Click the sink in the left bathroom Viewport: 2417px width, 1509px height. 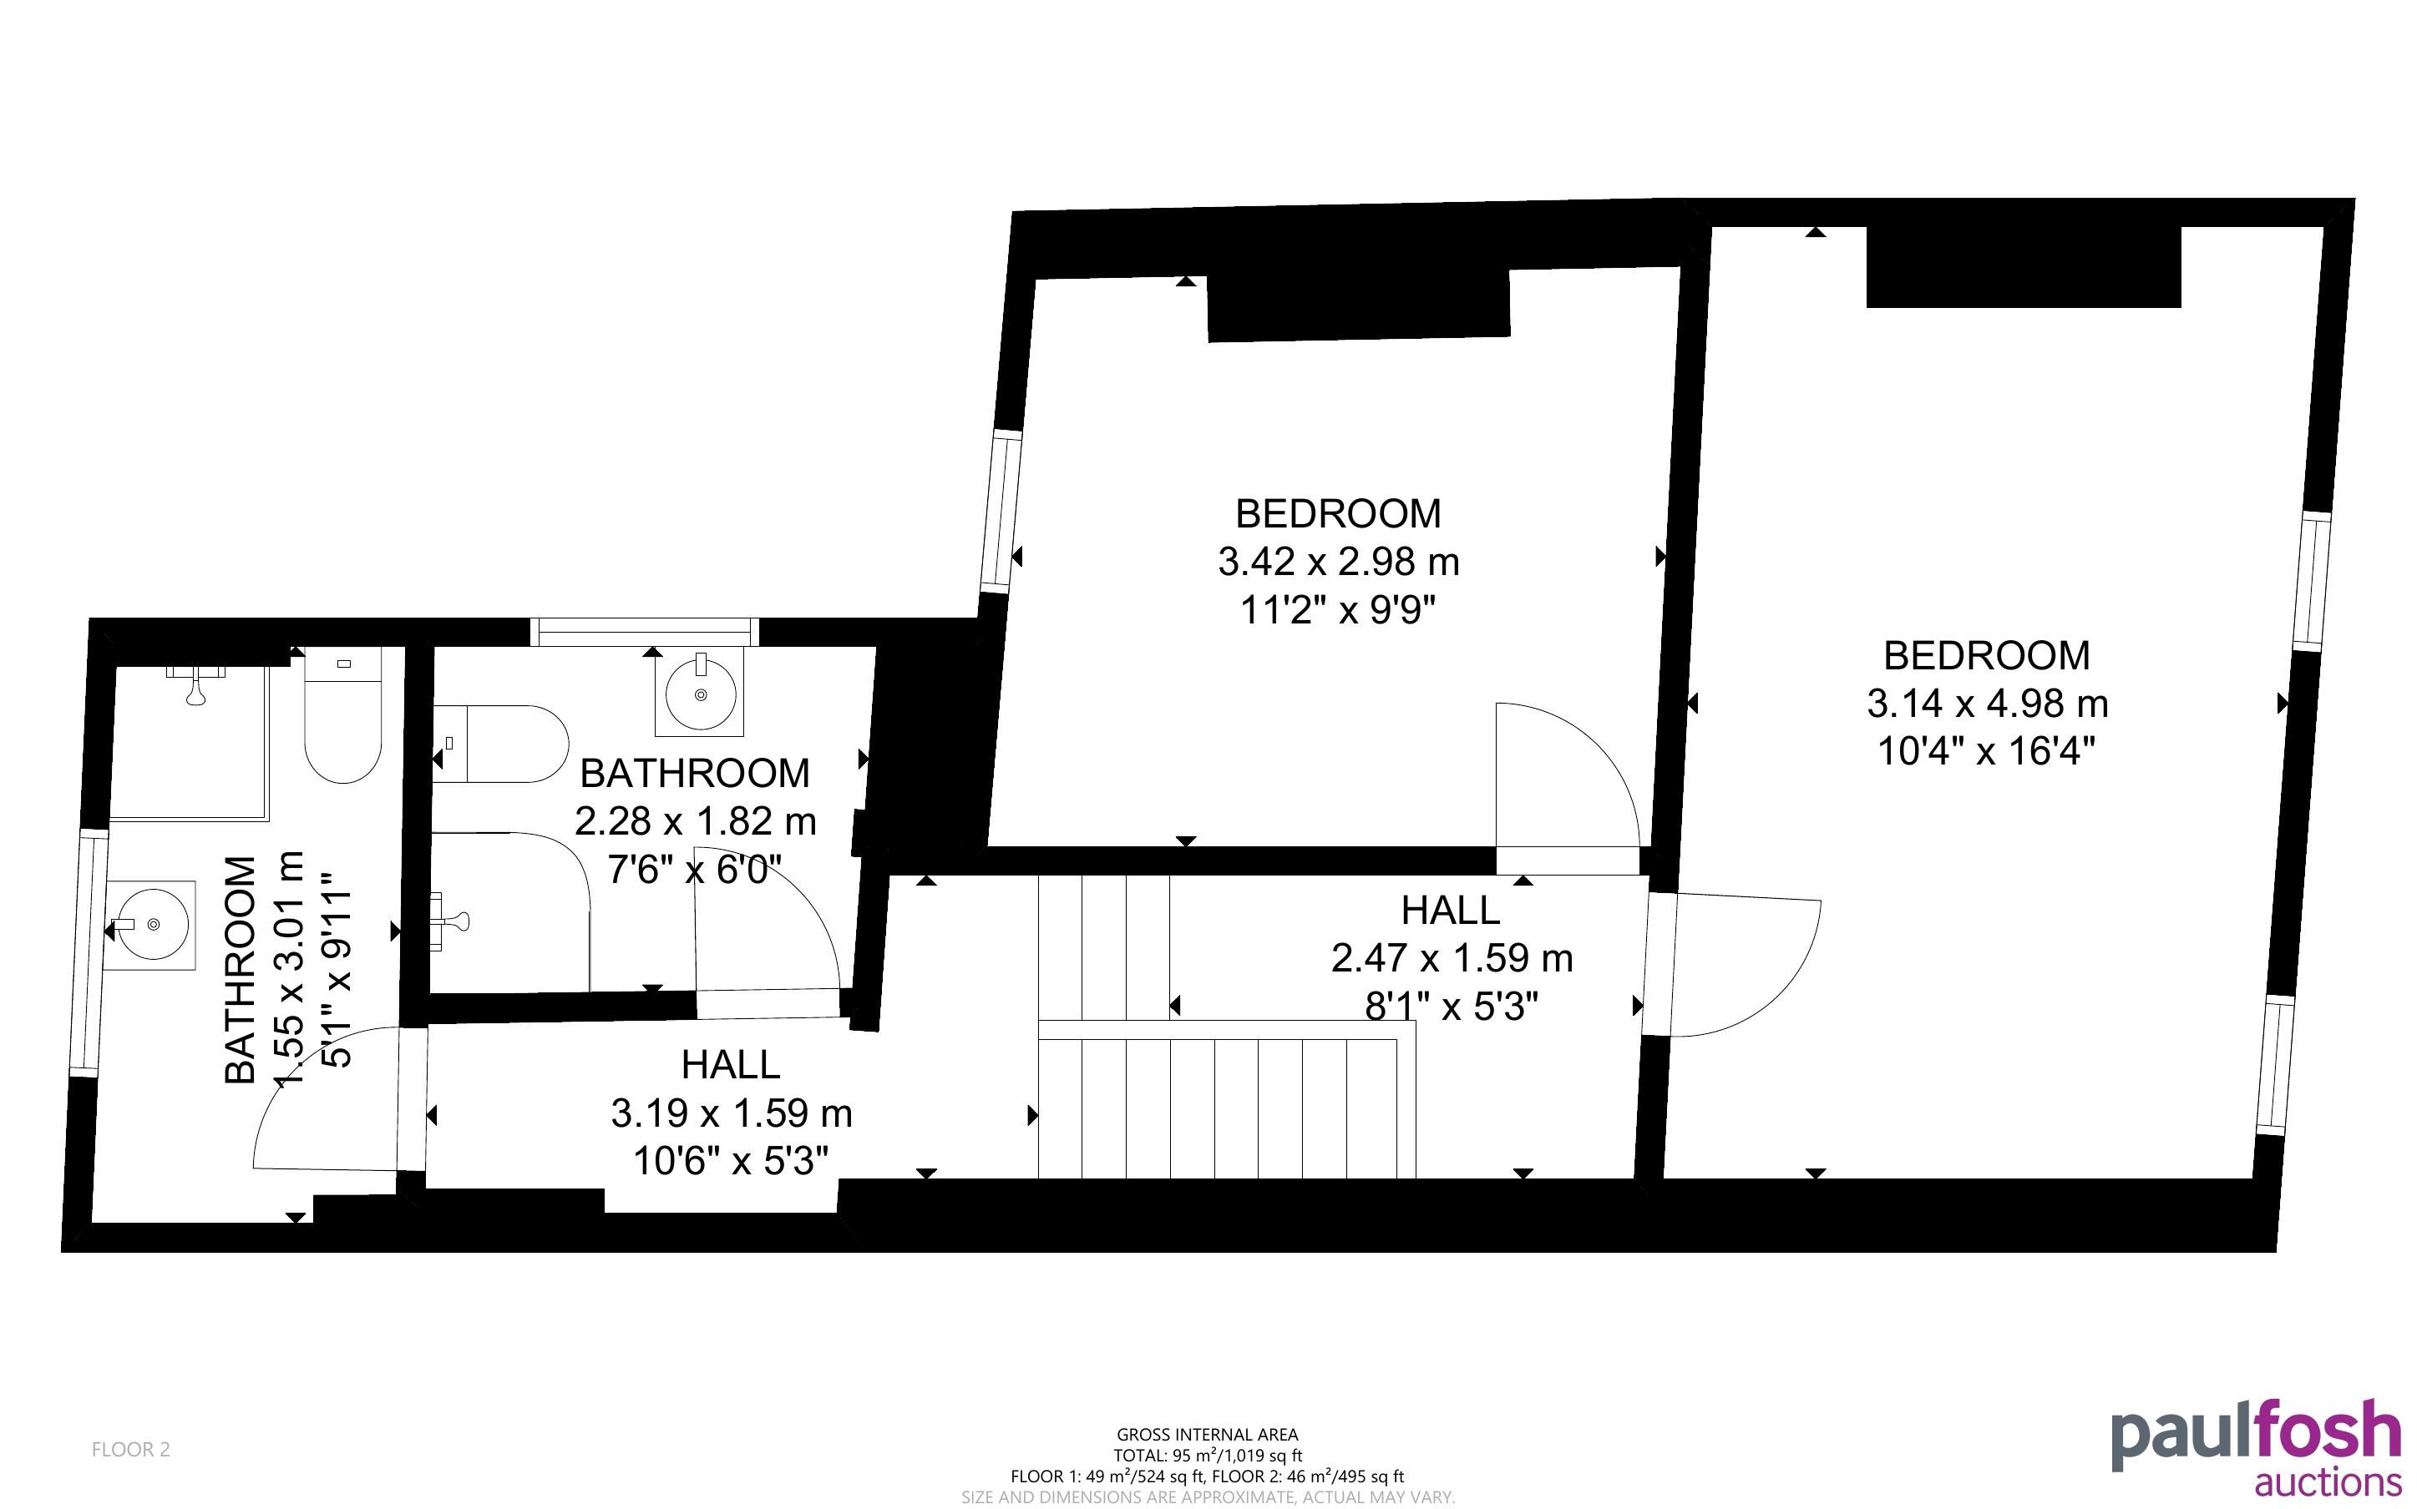[x=152, y=925]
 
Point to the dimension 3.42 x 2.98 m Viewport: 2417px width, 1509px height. [x=1339, y=562]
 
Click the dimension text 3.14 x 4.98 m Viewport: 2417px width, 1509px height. [x=1988, y=704]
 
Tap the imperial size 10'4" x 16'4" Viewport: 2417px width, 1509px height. [x=1986, y=750]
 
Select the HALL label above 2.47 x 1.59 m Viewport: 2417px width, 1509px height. [x=1451, y=911]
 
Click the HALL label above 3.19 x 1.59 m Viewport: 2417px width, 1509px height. [x=731, y=1065]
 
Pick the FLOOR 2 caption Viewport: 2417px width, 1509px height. [x=131, y=1449]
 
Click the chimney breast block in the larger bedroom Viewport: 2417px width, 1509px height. [x=2024, y=266]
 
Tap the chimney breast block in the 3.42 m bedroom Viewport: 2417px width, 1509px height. [x=1359, y=305]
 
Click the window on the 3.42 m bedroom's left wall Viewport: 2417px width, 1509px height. [x=1002, y=511]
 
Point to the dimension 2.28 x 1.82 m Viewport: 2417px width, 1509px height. [x=696, y=821]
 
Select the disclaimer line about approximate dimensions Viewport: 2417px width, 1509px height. [x=1208, y=1497]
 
